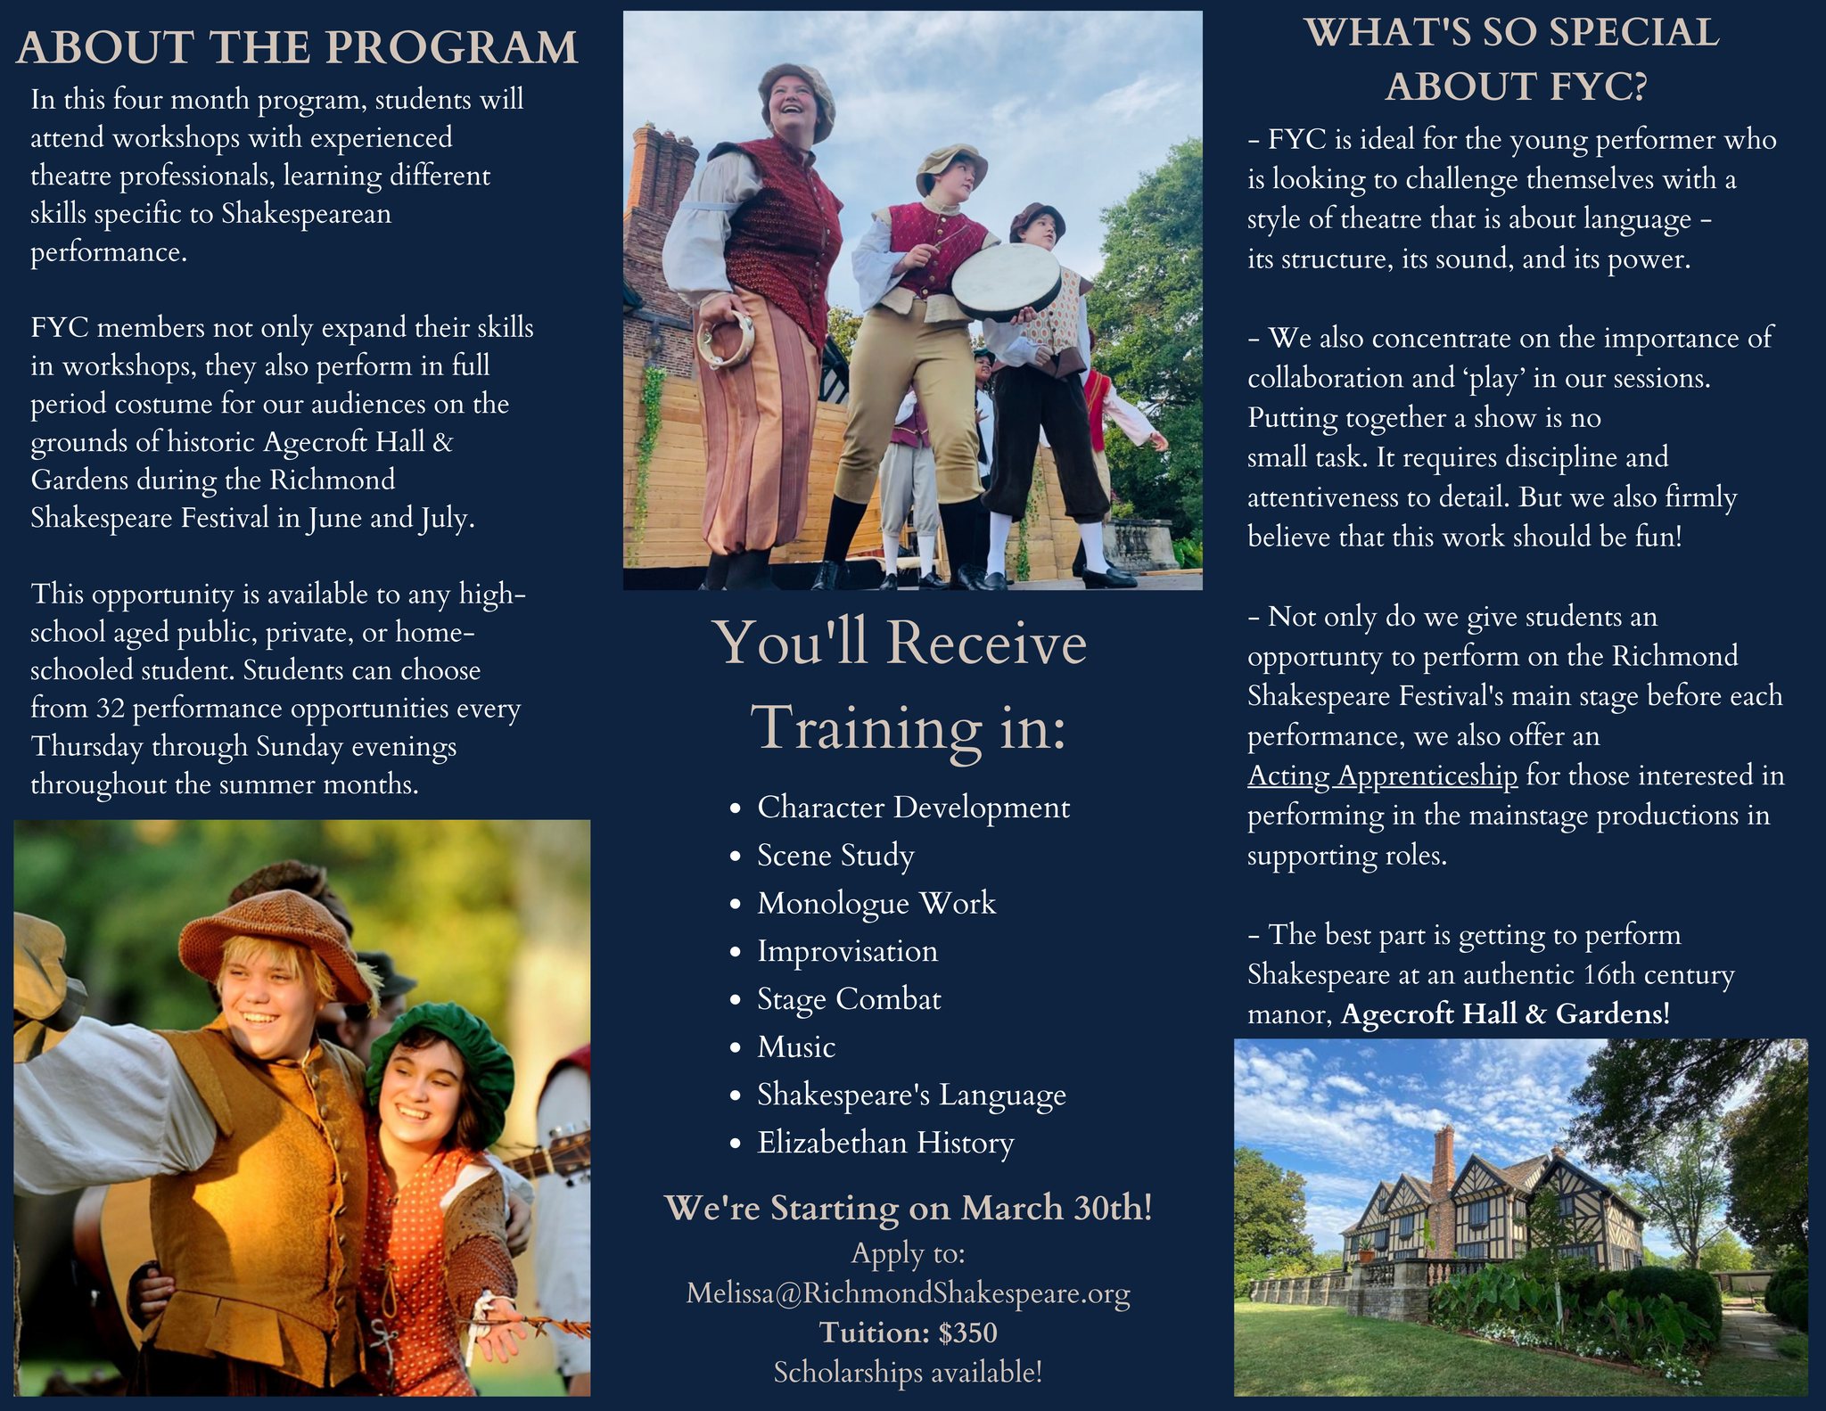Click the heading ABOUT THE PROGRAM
pyautogui.click(x=298, y=47)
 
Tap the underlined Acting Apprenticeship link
pyautogui.click(x=1382, y=776)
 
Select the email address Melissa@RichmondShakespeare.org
pyautogui.click(x=908, y=1292)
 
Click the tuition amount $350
pyautogui.click(x=968, y=1333)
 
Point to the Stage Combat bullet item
pyautogui.click(x=849, y=999)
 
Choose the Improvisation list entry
pyautogui.click(x=847, y=952)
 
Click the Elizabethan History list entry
pyautogui.click(x=885, y=1143)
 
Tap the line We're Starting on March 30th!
pyautogui.click(x=909, y=1208)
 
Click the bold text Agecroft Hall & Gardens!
pyautogui.click(x=1506, y=1014)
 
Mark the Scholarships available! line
pyautogui.click(x=908, y=1373)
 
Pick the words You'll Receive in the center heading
pyautogui.click(x=900, y=643)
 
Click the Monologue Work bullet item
pyautogui.click(x=876, y=904)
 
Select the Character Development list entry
pyautogui.click(x=913, y=808)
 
